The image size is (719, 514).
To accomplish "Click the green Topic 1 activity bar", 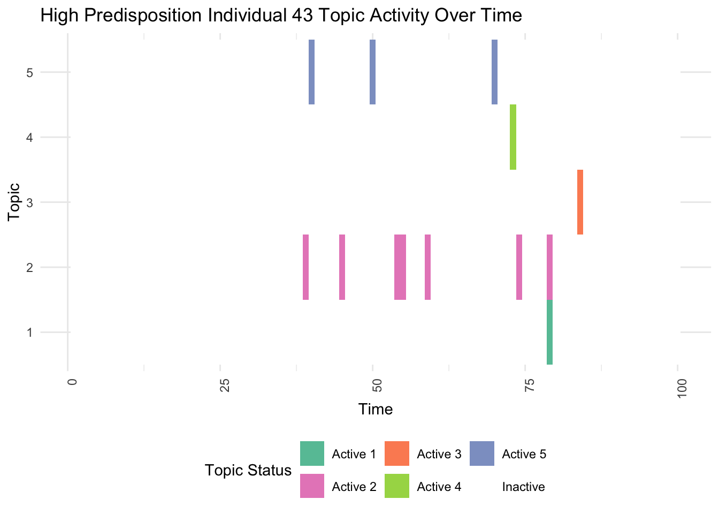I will (549, 332).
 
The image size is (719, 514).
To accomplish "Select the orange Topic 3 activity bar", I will (580, 202).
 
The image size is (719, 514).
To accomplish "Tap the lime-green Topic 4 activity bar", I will (513, 137).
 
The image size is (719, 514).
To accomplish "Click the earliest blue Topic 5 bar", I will (311, 72).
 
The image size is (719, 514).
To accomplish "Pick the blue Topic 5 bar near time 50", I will (372, 72).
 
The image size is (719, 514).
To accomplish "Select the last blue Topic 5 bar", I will (494, 72).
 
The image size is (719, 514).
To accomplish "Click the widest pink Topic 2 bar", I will (400, 267).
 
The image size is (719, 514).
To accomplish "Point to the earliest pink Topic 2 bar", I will (305, 267).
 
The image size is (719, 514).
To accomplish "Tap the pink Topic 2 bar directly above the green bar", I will (549, 267).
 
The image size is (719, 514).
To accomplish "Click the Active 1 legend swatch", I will (312, 453).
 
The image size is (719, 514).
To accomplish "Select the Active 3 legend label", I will (439, 454).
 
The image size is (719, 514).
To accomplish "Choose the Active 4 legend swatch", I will (397, 486).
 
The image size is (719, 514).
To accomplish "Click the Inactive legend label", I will (523, 487).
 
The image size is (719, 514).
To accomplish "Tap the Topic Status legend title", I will (248, 470).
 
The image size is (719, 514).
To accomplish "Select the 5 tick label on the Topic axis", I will (30, 72).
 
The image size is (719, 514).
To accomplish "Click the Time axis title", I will (376, 409).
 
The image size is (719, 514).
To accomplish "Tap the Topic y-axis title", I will (14, 202).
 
